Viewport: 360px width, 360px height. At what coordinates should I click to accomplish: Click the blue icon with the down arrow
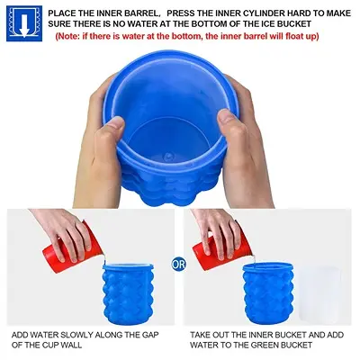(x=24, y=23)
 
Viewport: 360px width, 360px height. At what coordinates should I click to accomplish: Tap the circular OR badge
(x=179, y=264)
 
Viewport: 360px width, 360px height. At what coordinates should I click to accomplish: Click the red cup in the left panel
(x=71, y=248)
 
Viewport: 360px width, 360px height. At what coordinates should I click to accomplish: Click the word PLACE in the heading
(x=63, y=13)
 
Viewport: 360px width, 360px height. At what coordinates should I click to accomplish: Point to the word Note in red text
(x=67, y=37)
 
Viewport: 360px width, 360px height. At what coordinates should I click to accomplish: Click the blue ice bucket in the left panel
(x=128, y=294)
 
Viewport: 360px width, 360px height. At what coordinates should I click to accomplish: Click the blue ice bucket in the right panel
(x=268, y=294)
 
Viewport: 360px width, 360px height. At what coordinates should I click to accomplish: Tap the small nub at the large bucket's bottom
(x=167, y=156)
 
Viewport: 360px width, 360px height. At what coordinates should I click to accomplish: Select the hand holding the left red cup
(x=63, y=232)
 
